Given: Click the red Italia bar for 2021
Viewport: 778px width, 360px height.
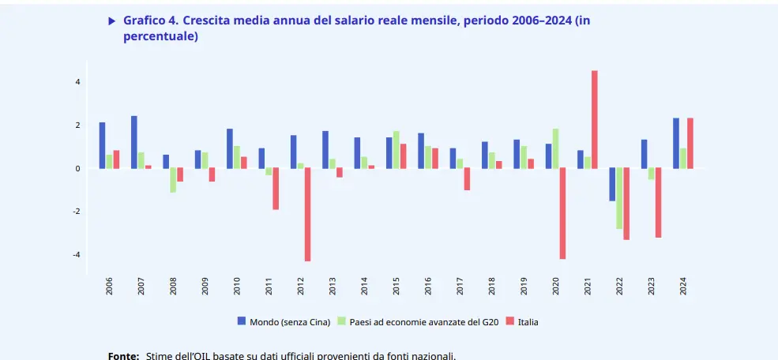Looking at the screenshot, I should click(594, 119).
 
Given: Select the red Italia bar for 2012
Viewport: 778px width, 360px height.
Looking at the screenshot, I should click(307, 214).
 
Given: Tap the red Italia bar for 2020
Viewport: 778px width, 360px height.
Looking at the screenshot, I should click(562, 213).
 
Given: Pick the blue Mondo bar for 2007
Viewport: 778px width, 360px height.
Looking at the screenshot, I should click(134, 142).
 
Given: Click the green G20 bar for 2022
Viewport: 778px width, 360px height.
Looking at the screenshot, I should click(619, 198).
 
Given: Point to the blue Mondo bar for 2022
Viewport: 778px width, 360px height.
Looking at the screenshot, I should click(612, 184).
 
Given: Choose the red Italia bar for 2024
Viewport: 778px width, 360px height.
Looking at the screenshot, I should click(690, 143).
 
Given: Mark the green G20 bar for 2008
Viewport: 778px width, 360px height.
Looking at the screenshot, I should click(173, 180).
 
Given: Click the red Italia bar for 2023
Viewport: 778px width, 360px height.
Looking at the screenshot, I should click(658, 202).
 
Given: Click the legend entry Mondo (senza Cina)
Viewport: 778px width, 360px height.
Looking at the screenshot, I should click(284, 322).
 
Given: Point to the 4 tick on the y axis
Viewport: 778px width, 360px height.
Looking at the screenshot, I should click(77, 82).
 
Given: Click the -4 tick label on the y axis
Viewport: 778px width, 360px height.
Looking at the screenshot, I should click(77, 255).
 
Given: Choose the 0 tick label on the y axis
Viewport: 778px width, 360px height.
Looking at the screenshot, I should click(77, 169).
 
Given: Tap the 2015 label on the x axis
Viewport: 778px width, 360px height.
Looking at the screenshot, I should click(396, 286).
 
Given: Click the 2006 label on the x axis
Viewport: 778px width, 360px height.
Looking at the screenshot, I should click(109, 286).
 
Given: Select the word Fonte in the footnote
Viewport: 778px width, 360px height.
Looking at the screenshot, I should click(123, 356).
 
